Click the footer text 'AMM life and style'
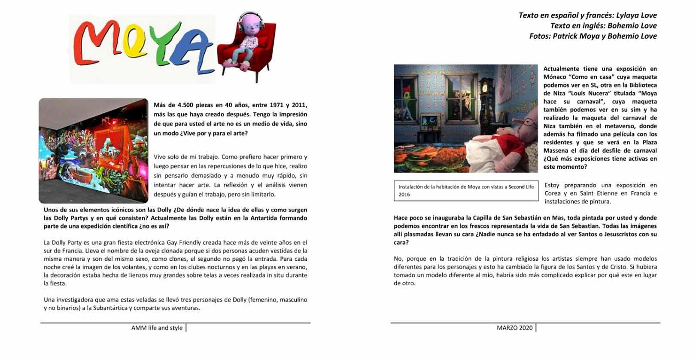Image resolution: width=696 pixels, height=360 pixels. point(157,328)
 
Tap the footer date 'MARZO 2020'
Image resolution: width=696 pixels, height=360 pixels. point(514,328)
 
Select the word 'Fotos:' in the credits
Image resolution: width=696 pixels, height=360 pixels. point(540,36)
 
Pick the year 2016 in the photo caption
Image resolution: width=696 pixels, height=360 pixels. point(404,195)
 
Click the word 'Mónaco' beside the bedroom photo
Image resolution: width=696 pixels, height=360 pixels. point(555,77)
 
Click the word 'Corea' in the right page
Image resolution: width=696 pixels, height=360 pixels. point(553,193)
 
